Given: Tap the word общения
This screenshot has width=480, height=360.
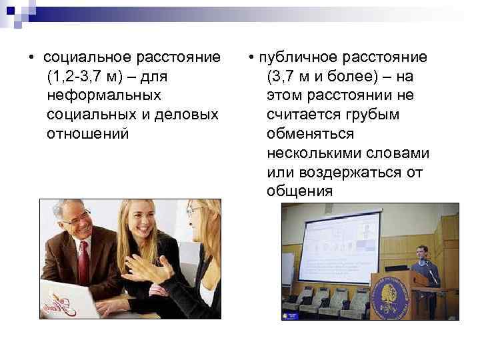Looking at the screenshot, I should (299, 192).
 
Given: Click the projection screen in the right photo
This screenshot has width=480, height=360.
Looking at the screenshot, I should (339, 246).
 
